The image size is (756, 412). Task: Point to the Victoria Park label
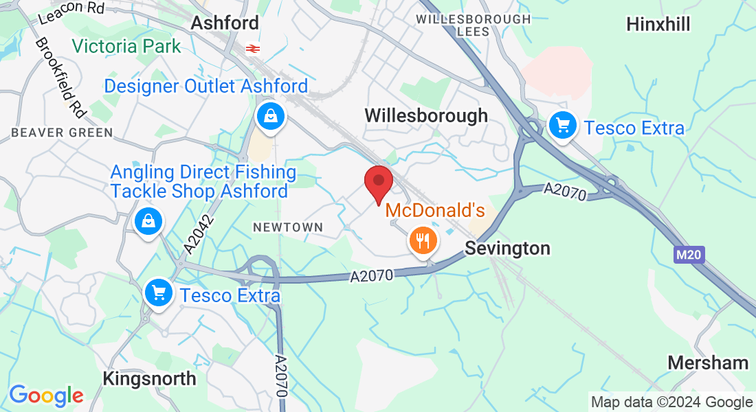pyautogui.click(x=126, y=47)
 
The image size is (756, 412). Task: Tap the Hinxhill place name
pyautogui.click(x=658, y=25)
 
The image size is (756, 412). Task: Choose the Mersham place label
pyautogui.click(x=708, y=363)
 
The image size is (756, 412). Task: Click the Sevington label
pyautogui.click(x=507, y=248)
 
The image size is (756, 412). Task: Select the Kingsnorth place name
pyautogui.click(x=149, y=378)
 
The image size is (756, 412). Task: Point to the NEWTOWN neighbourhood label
pyautogui.click(x=287, y=227)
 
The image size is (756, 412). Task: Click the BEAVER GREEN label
pyautogui.click(x=62, y=133)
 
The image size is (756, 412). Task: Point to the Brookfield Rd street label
pyautogui.click(x=58, y=76)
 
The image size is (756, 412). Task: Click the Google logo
pyautogui.click(x=46, y=396)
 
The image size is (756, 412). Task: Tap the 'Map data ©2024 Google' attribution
pyautogui.click(x=671, y=402)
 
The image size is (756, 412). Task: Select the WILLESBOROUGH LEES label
pyautogui.click(x=474, y=25)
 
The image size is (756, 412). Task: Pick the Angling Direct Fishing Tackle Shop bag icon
pyautogui.click(x=148, y=222)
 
